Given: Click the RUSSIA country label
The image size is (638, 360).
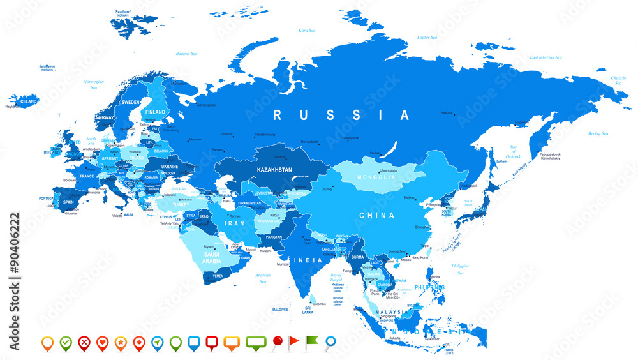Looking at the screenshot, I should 341,116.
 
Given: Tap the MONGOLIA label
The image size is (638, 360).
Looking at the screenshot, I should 376,177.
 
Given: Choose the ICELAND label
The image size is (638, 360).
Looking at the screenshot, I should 27,101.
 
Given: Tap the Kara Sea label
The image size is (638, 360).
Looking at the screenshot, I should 307,30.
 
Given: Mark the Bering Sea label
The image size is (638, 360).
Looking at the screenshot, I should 598,133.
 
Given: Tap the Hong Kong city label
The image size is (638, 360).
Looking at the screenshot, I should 419,257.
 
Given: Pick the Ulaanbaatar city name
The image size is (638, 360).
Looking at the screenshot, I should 389,170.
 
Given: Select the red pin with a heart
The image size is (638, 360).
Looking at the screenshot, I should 101,343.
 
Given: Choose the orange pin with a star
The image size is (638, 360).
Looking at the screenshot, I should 120,343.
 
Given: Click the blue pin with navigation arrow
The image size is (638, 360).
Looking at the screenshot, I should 157,343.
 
